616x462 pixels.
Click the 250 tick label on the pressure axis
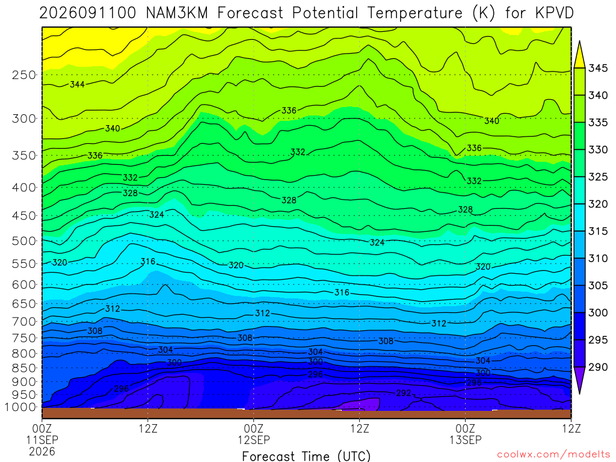(x=24, y=75)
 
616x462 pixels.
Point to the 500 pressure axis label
(x=24, y=241)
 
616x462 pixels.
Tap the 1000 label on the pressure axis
(x=20, y=407)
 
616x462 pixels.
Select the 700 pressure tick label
(x=24, y=322)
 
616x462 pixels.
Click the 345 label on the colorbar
(x=597, y=69)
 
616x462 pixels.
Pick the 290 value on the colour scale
(x=597, y=367)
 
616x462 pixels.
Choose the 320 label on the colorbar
(x=597, y=205)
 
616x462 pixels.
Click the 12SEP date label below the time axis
(x=254, y=440)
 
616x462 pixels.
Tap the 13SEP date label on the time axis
(x=466, y=440)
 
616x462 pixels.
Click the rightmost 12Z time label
(x=571, y=428)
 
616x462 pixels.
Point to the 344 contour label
(x=78, y=84)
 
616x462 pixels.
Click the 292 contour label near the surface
(x=404, y=393)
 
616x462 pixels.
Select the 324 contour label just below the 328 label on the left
(x=157, y=215)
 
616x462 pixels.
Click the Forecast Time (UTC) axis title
(x=306, y=456)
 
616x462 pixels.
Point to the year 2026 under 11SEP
(x=42, y=451)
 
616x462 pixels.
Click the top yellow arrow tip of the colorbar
(x=579, y=42)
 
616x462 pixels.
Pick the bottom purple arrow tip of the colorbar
(x=579, y=393)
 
